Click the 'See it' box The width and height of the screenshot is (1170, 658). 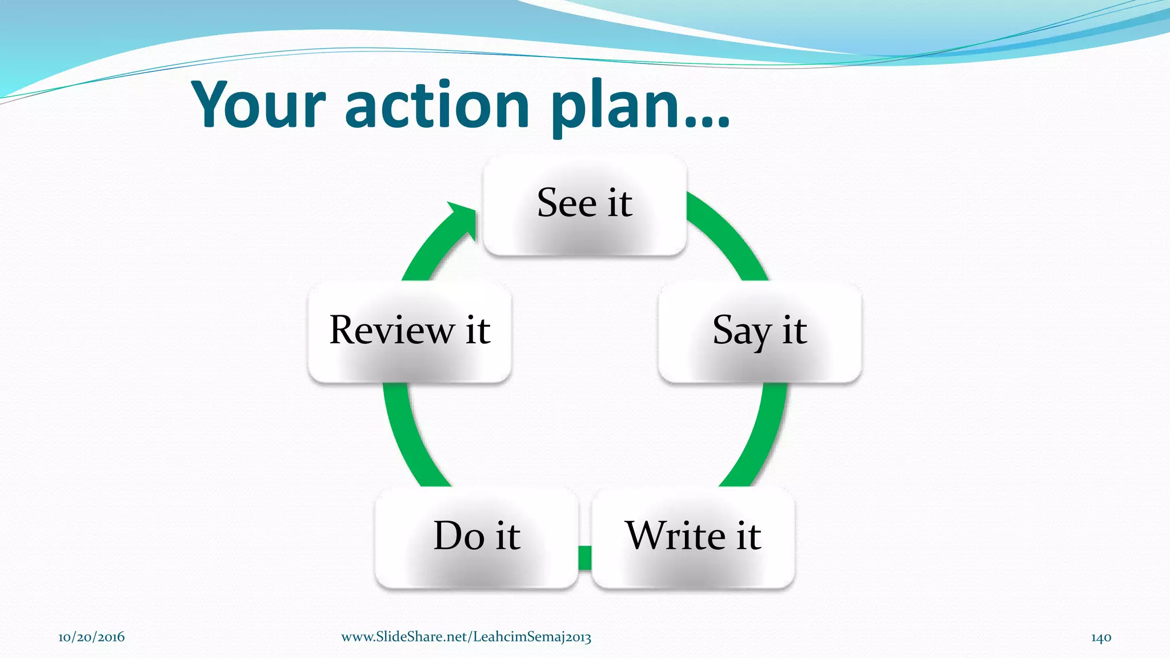pyautogui.click(x=584, y=206)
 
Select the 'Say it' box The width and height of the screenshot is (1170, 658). pyautogui.click(x=759, y=333)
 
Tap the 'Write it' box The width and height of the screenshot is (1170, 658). pyautogui.click(x=693, y=537)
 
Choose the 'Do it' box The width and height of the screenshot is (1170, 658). pyautogui.click(x=476, y=537)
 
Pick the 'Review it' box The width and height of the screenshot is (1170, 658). pyautogui.click(x=410, y=333)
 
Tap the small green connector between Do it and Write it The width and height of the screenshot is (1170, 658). pyautogui.click(x=585, y=558)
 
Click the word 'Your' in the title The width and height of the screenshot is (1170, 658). pyautogui.click(x=258, y=106)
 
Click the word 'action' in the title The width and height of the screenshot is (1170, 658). pyautogui.click(x=437, y=106)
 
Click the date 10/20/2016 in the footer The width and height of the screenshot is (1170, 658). pyautogui.click(x=91, y=637)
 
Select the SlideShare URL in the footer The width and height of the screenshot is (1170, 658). pyautogui.click(x=466, y=637)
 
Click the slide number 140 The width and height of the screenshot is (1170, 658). pyautogui.click(x=1101, y=637)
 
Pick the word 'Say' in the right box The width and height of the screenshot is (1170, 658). pyautogui.click(x=741, y=331)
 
